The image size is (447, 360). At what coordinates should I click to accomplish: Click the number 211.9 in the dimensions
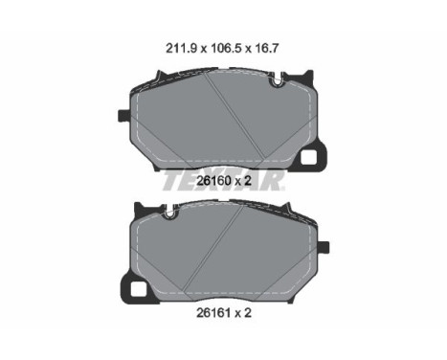coord(181,49)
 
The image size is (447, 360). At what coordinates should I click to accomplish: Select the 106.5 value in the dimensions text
coord(225,49)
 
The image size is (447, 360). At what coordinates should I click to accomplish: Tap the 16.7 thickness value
coord(266,49)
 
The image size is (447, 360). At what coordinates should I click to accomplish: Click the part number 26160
coord(213,181)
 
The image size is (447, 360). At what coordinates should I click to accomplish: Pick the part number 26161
coord(213,312)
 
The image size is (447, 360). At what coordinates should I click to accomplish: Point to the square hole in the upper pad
coord(309,157)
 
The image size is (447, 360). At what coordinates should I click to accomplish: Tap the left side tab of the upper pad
coord(123,116)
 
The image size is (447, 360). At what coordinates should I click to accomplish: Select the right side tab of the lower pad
coord(324,247)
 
